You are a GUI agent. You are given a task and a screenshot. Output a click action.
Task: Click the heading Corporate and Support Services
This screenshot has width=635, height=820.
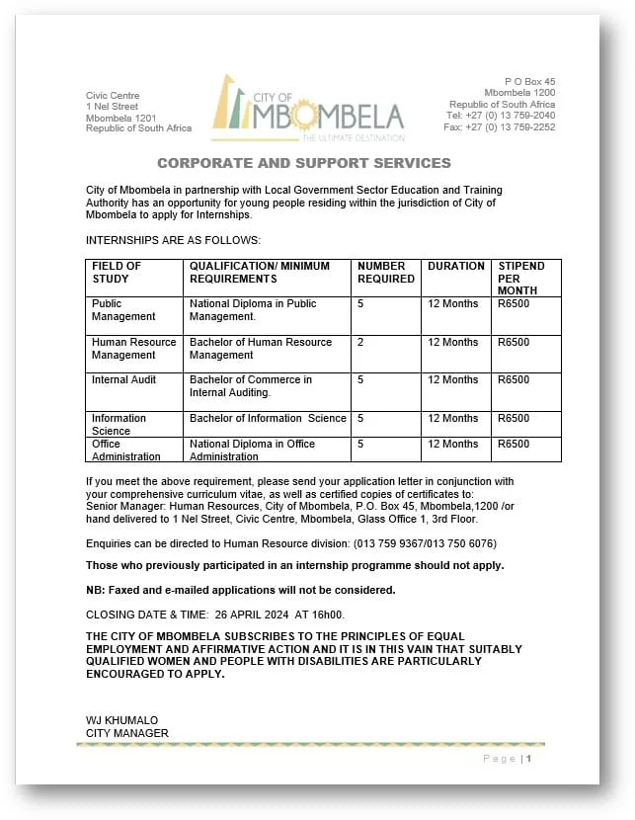pyautogui.click(x=304, y=163)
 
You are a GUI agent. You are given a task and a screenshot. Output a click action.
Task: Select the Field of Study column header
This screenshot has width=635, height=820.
pyautogui.click(x=117, y=272)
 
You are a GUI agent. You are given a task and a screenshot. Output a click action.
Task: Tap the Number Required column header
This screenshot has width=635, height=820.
pyautogui.click(x=386, y=272)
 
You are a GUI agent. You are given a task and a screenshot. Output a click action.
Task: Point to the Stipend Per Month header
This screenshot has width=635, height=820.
pyautogui.click(x=520, y=278)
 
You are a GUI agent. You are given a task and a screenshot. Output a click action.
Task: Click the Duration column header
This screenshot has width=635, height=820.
pyautogui.click(x=456, y=266)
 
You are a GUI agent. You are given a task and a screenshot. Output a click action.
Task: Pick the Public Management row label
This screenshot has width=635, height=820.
pyautogui.click(x=123, y=310)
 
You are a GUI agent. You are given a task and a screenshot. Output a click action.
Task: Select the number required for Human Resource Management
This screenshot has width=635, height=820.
pyautogui.click(x=360, y=343)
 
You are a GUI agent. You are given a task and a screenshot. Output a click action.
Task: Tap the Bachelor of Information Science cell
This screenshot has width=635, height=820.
pyautogui.click(x=268, y=418)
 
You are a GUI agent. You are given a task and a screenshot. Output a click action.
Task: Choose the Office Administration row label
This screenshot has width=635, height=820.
pyautogui.click(x=125, y=451)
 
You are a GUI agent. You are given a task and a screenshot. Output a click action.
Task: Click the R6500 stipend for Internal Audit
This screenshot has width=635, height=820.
pyautogui.click(x=514, y=380)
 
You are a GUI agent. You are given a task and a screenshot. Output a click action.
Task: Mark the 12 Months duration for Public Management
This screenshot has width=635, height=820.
pyautogui.click(x=452, y=304)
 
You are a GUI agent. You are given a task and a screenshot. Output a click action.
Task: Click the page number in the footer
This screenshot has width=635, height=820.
pyautogui.click(x=529, y=759)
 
